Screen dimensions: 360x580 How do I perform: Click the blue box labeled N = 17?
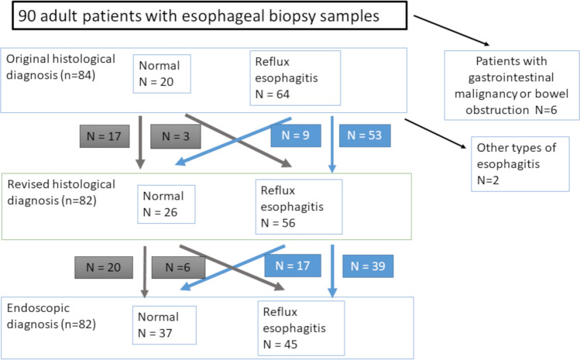[288, 265]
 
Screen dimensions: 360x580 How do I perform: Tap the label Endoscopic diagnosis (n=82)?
[51, 317]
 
